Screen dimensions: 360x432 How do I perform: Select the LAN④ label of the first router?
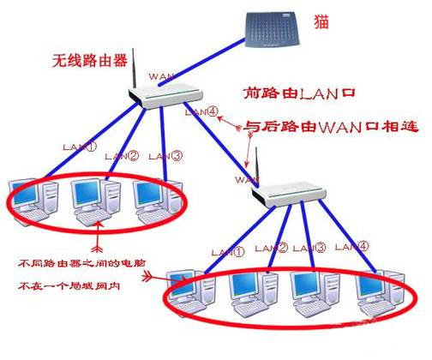pyautogui.click(x=196, y=111)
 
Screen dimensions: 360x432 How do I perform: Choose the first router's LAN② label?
pyautogui.click(x=120, y=156)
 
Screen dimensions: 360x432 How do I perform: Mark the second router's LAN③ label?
pyautogui.click(x=308, y=248)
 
